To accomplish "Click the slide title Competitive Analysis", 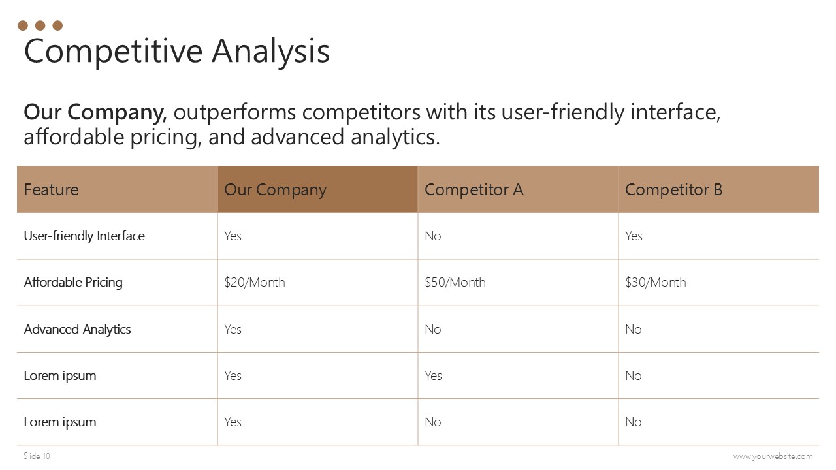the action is [x=177, y=52].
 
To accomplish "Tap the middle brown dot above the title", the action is [x=40, y=25].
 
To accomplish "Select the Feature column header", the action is [x=51, y=189].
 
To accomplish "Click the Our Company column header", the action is [x=275, y=190].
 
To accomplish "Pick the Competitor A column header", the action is [x=474, y=189].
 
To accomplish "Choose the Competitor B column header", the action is [x=673, y=189].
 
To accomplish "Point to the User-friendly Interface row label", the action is [x=84, y=236].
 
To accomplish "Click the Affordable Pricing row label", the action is [x=73, y=283].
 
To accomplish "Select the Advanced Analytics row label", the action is [x=77, y=330].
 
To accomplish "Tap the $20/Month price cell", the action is [x=255, y=282].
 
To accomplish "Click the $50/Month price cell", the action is [x=455, y=282].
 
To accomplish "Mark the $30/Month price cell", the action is [x=655, y=282].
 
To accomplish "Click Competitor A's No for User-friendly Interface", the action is [x=433, y=236].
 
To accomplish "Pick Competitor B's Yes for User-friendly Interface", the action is [x=634, y=236].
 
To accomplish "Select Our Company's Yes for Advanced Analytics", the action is [x=233, y=329].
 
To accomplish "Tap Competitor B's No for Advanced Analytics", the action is [x=634, y=329].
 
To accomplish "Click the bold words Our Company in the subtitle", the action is [x=95, y=112].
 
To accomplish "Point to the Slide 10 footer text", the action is [x=37, y=456].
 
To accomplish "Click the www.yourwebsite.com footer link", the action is [x=773, y=456].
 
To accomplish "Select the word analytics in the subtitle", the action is [x=395, y=137].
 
